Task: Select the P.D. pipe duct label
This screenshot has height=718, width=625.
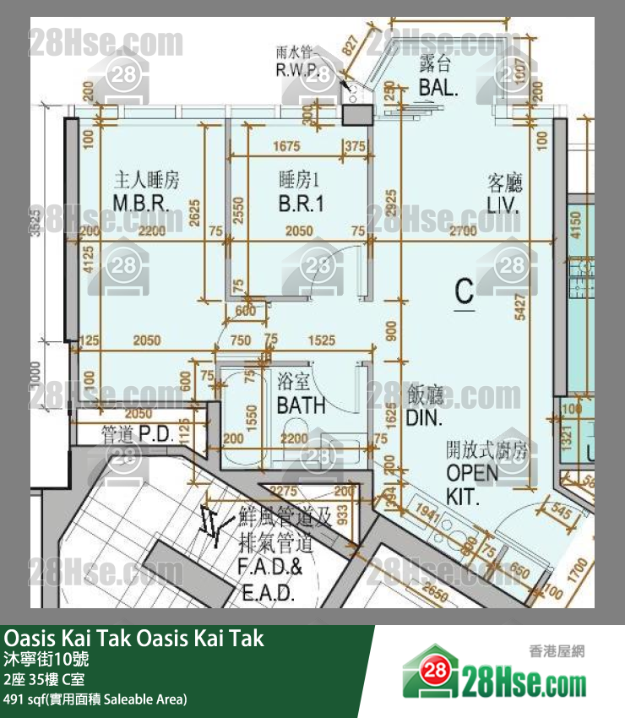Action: (137, 436)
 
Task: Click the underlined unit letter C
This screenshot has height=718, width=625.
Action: (465, 292)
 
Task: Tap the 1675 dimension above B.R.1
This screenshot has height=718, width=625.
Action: (287, 147)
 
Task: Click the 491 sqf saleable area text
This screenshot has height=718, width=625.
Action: (95, 699)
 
